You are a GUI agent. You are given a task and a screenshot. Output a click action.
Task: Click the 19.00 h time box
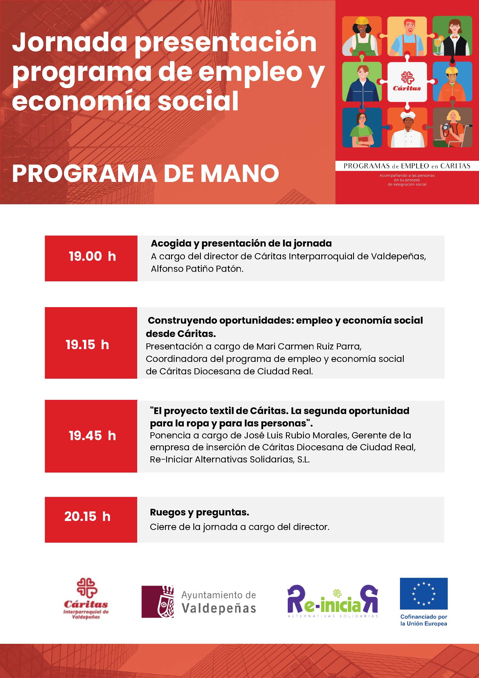click(91, 258)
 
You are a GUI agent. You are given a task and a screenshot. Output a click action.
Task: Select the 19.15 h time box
click(91, 342)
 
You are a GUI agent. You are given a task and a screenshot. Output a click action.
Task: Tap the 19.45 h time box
click(91, 436)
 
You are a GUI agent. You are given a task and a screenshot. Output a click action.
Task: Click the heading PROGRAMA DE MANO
click(145, 173)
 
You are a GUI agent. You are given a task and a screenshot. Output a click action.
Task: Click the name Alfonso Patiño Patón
click(197, 269)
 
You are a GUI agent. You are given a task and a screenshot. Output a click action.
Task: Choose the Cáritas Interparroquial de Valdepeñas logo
click(86, 599)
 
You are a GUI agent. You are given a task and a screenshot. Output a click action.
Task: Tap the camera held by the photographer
click(446, 127)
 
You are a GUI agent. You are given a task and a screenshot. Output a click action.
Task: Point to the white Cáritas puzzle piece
click(407, 82)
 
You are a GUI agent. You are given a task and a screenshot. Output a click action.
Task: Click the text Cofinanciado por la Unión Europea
click(423, 620)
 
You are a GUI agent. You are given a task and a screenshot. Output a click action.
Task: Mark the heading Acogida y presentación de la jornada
click(241, 243)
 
